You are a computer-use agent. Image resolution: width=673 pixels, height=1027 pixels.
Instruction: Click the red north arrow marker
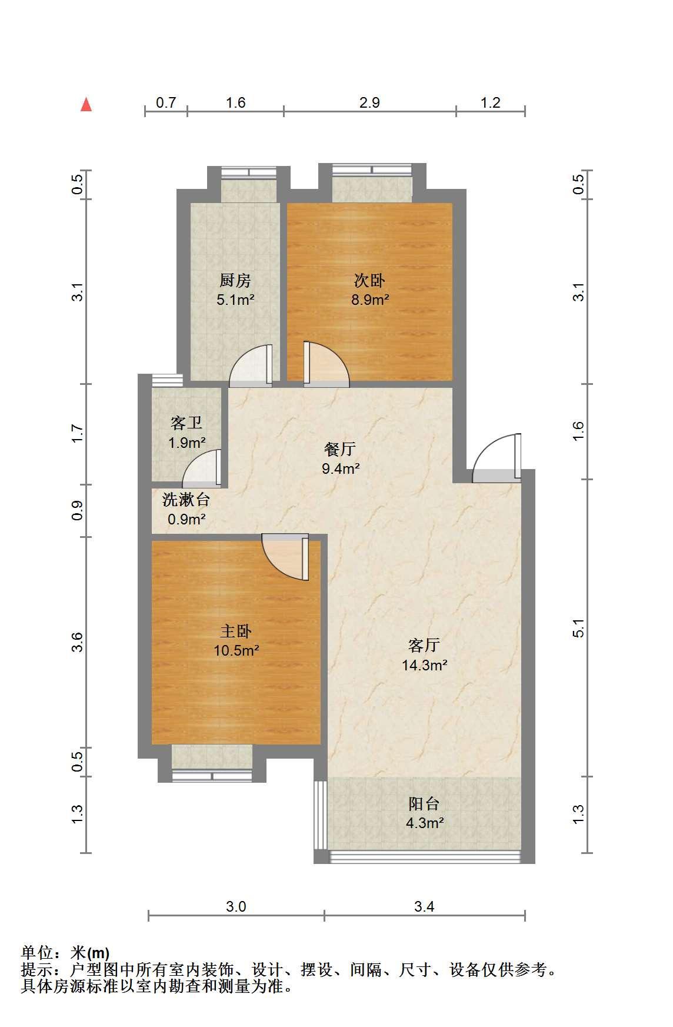point(86,104)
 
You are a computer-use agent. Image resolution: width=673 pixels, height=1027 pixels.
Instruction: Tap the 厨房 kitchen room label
point(235,280)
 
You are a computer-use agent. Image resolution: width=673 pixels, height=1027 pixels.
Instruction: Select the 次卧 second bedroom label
point(369,280)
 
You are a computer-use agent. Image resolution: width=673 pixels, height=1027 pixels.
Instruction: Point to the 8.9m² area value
point(370,300)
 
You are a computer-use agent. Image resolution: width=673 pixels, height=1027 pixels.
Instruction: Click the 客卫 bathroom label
point(186,423)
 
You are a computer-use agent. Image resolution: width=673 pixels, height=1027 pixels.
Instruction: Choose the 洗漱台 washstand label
point(186,500)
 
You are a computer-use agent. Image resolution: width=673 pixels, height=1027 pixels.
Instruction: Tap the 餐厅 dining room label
point(340,449)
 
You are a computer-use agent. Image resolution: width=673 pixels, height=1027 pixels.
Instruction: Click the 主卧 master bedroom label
point(236,632)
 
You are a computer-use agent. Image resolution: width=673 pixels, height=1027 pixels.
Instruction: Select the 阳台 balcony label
point(424,803)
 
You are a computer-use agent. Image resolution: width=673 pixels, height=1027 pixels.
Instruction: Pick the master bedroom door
point(285,557)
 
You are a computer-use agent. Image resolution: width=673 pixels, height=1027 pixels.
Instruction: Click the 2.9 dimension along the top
point(369,102)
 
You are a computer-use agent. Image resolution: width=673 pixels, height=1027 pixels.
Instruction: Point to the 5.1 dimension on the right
point(579,628)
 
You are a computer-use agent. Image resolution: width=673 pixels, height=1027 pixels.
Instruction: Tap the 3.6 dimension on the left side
point(78,642)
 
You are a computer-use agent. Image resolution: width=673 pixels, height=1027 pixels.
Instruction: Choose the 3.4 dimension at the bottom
point(424,906)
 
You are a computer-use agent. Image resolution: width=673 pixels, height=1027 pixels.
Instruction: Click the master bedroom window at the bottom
point(212,776)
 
